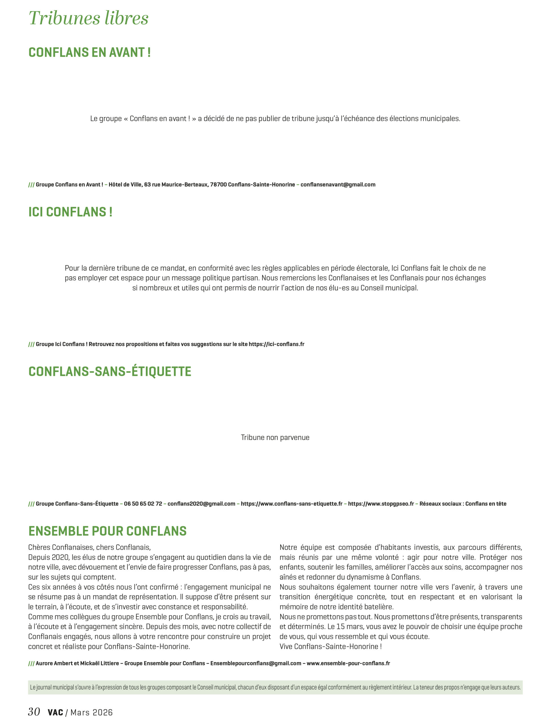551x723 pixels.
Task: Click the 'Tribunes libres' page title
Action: (x=88, y=18)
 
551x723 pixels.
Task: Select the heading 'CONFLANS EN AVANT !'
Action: (x=90, y=53)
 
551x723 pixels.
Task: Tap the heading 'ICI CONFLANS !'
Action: (x=71, y=212)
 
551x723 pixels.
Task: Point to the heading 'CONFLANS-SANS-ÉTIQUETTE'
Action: (x=110, y=372)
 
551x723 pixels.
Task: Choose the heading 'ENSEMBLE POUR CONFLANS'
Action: (x=107, y=531)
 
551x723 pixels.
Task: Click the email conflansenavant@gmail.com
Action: (x=338, y=184)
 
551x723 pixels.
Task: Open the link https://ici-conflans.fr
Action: (x=276, y=344)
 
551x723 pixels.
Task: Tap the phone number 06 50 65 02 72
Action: (x=143, y=504)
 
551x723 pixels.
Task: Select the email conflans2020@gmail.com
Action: (x=201, y=504)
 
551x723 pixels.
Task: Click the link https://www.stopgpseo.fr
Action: (x=381, y=504)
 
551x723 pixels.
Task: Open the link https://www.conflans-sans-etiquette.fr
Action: (x=292, y=504)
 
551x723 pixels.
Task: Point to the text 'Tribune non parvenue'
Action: (x=275, y=437)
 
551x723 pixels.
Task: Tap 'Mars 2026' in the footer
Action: (x=92, y=713)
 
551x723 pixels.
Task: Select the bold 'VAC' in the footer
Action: (x=55, y=713)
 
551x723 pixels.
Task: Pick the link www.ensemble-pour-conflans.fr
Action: (x=348, y=663)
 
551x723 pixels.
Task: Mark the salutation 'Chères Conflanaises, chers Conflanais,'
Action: (x=89, y=547)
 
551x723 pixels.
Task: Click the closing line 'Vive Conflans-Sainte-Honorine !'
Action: (x=330, y=647)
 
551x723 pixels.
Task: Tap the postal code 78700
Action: (x=218, y=184)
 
